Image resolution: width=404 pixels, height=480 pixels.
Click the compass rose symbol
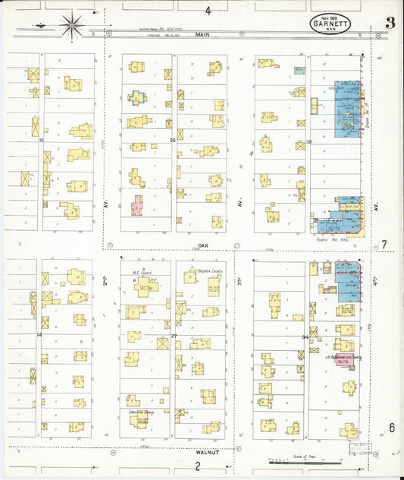click(x=72, y=27)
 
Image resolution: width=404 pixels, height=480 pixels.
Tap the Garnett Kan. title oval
click(x=330, y=23)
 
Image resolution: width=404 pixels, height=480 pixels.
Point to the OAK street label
click(x=203, y=245)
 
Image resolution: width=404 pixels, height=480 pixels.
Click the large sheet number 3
click(x=389, y=22)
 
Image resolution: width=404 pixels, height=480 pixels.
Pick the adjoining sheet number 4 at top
click(x=208, y=11)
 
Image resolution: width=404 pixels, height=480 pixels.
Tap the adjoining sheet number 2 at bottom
click(x=197, y=466)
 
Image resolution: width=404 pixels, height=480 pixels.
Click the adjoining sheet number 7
click(x=384, y=245)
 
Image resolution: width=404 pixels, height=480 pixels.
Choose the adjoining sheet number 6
click(x=392, y=428)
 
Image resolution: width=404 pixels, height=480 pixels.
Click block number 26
click(x=173, y=141)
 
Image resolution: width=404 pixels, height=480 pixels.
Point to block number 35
click(x=308, y=142)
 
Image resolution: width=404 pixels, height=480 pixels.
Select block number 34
click(x=305, y=336)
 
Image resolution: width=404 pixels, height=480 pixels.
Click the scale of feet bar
click(x=303, y=461)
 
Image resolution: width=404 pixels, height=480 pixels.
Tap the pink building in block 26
click(x=136, y=205)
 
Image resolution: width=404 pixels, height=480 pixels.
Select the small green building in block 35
click(x=300, y=71)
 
